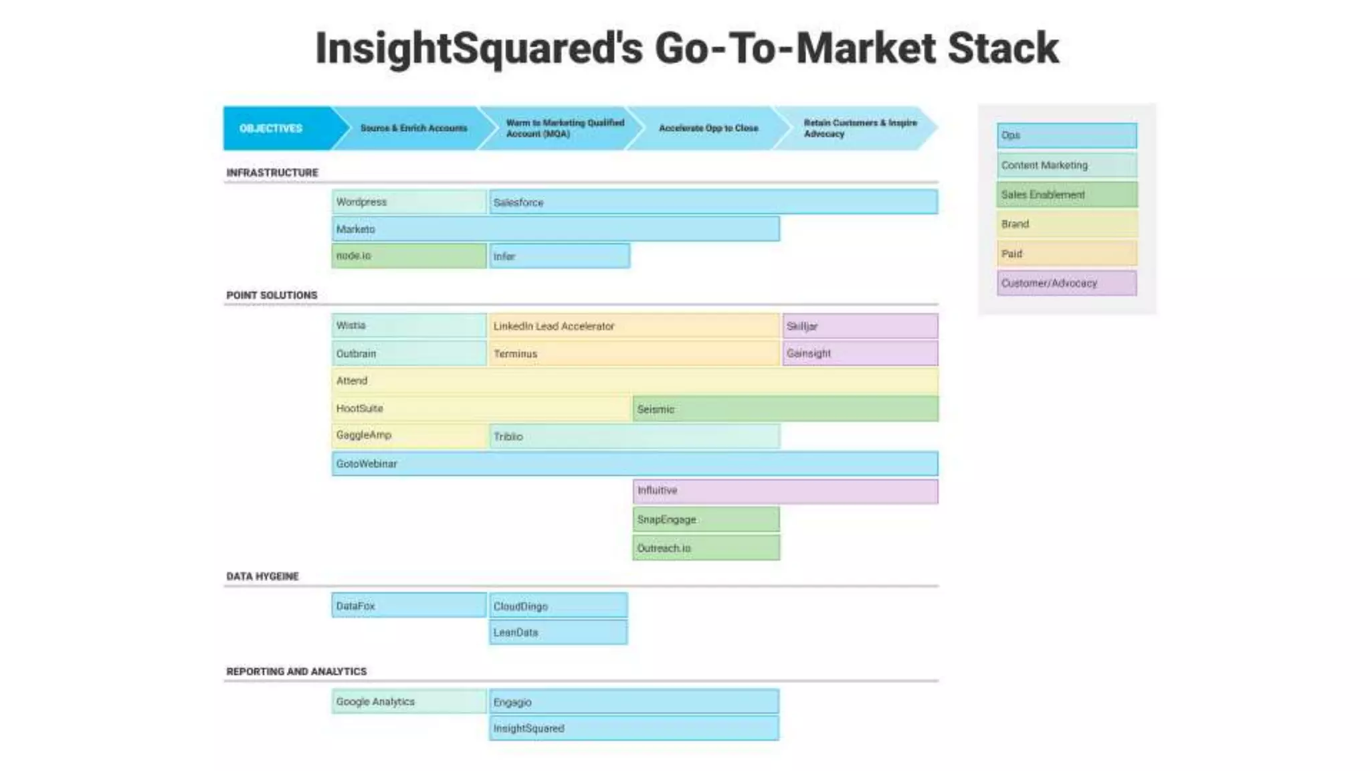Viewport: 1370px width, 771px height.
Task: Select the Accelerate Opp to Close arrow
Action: [708, 128]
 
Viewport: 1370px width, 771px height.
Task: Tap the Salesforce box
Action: [713, 202]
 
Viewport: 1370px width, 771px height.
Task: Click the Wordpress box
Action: [409, 202]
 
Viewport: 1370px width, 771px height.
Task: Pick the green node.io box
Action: [409, 256]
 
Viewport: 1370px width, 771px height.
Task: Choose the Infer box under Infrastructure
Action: [559, 256]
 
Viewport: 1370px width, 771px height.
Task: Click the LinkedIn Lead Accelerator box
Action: [633, 326]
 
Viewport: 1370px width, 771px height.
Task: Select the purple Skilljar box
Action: [860, 326]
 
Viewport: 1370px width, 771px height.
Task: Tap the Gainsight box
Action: [860, 353]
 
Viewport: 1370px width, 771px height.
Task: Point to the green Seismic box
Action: [785, 409]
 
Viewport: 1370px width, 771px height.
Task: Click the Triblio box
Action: [633, 436]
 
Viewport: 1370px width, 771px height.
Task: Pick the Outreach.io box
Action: [706, 547]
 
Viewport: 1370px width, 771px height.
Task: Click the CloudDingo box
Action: [559, 606]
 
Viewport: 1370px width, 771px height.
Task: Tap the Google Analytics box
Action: [409, 701]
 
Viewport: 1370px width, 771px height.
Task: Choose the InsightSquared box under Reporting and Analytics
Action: [633, 728]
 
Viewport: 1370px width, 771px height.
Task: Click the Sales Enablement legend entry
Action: [1066, 195]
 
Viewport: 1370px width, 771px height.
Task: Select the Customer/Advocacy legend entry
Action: [1066, 283]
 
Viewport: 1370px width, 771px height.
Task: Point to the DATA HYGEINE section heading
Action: [262, 576]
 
